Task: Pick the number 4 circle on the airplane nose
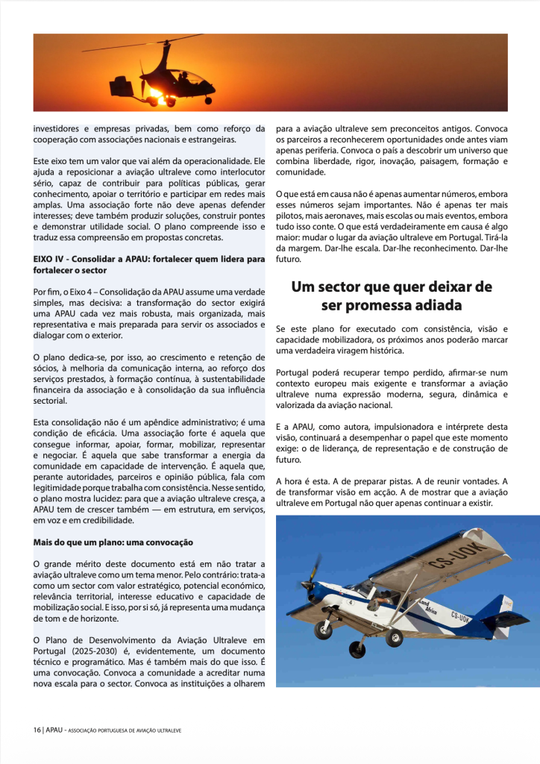[x=349, y=601]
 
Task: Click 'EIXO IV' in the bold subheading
[x=48, y=259]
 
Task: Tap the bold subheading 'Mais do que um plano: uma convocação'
[x=113, y=542]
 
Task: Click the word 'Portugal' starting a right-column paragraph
[x=293, y=372]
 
